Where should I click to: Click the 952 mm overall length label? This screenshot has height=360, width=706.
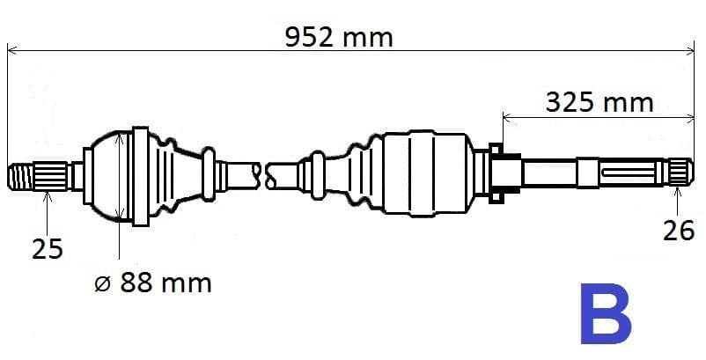coord(339,38)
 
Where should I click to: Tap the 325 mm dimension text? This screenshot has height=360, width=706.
coord(599,103)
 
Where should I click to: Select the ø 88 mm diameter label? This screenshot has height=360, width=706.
coord(153,283)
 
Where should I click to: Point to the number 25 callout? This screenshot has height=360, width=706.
coord(48,249)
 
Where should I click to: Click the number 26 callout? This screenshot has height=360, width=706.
coord(679,231)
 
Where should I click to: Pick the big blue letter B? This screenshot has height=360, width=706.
coord(606,313)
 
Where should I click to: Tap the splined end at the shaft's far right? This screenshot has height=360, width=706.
coord(680,173)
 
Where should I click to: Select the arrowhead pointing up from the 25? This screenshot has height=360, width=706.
coord(48,195)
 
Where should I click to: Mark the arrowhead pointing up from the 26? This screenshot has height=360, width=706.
coord(677,192)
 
